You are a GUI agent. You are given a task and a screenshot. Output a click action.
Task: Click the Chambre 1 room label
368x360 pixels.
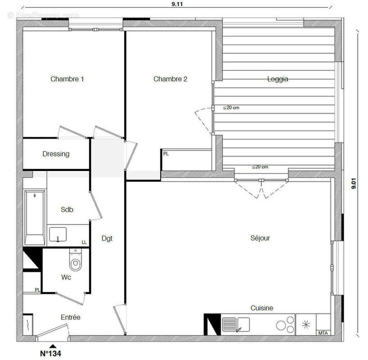(x=67, y=79)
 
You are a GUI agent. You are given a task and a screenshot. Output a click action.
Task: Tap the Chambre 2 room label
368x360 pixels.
(x=170, y=79)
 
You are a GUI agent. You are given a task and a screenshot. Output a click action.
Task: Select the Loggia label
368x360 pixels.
(x=278, y=79)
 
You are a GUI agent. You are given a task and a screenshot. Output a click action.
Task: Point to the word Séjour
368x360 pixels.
(x=260, y=238)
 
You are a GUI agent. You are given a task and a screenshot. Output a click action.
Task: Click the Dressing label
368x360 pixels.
(x=56, y=154)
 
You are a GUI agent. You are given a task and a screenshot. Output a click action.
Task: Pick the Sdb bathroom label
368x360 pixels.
(x=67, y=210)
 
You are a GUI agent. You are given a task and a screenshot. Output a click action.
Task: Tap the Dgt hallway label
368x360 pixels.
(x=107, y=238)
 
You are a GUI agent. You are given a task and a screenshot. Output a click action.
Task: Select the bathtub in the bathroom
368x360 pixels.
(x=35, y=217)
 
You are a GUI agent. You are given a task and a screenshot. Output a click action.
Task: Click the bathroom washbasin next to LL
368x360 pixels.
(x=58, y=234)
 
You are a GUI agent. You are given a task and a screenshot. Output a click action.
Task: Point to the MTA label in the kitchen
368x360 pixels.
(x=323, y=333)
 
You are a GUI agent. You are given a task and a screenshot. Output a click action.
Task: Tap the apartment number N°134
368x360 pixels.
(x=50, y=353)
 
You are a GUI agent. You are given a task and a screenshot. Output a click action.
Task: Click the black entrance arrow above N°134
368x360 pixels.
(x=53, y=345)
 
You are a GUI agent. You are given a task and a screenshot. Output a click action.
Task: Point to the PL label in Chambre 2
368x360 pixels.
(x=166, y=154)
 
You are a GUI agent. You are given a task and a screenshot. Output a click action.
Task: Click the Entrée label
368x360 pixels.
(x=71, y=317)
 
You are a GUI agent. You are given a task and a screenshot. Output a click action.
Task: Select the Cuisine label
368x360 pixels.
(x=262, y=308)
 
